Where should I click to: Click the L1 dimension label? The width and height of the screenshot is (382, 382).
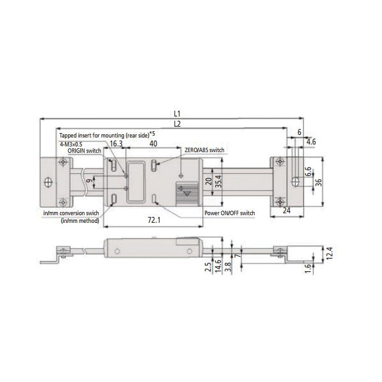click(x=177, y=113)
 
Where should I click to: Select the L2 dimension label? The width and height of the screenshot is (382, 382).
click(x=178, y=124)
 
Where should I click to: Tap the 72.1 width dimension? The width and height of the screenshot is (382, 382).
click(x=154, y=220)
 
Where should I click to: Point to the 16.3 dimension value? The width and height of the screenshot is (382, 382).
click(x=116, y=144)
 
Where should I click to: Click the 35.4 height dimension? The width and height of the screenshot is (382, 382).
click(x=219, y=181)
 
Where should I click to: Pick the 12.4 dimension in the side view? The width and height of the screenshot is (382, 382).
click(x=329, y=253)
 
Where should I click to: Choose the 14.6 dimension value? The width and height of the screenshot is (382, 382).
click(x=218, y=265)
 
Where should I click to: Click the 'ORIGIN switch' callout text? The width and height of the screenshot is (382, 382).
click(x=84, y=151)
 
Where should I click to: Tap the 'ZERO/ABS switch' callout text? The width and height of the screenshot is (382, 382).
click(x=204, y=150)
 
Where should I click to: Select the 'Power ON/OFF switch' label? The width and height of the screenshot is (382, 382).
click(x=229, y=213)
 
